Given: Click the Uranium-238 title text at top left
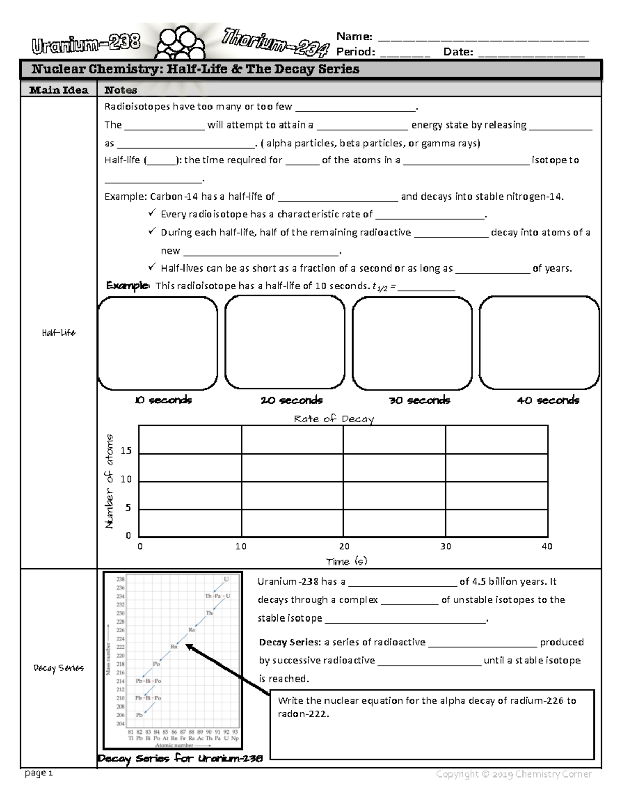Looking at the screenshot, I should pyautogui.click(x=86, y=45).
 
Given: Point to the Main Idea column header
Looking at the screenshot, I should pyautogui.click(x=59, y=90).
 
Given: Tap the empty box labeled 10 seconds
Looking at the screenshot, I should pyautogui.click(x=158, y=343).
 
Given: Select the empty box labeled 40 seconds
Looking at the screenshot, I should pyautogui.click(x=539, y=343).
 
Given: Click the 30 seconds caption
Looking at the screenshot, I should pyautogui.click(x=419, y=400).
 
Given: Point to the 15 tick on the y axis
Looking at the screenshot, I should pyautogui.click(x=126, y=451).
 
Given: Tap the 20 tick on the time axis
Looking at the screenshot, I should pyautogui.click(x=344, y=546).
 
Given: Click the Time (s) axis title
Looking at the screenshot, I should pyautogui.click(x=346, y=561).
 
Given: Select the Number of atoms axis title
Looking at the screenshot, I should pyautogui.click(x=109, y=481).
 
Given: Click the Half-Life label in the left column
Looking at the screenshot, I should pyautogui.click(x=59, y=333).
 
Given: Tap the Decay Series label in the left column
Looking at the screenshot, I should pyautogui.click(x=59, y=668).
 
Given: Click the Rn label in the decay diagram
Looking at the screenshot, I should pyautogui.click(x=174, y=646).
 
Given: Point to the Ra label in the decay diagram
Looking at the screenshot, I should pyautogui.click(x=191, y=630).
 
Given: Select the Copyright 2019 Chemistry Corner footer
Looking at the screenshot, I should pyautogui.click(x=513, y=774).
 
